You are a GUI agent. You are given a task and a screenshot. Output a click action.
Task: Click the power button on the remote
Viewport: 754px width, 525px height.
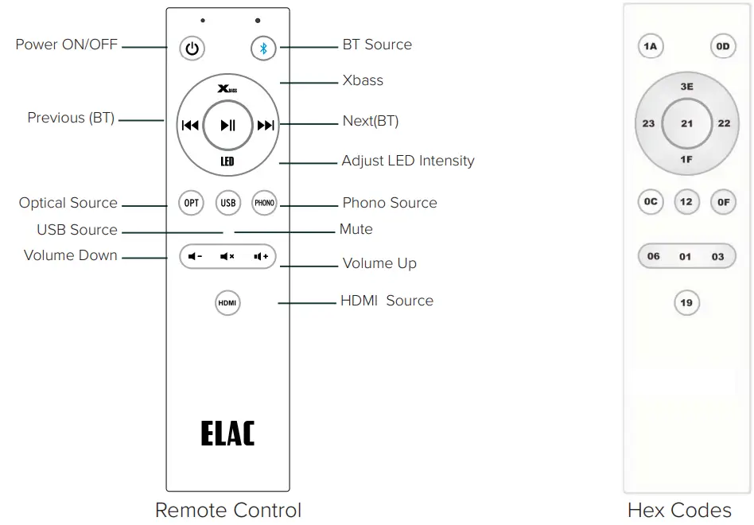191,49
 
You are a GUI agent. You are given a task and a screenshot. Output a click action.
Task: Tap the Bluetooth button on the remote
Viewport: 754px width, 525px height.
263,49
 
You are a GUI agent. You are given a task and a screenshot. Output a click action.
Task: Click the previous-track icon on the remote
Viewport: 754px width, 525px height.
190,125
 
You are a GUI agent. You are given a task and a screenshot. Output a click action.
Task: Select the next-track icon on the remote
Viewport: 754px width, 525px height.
266,125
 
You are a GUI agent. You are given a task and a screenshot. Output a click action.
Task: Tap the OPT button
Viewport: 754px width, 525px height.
192,203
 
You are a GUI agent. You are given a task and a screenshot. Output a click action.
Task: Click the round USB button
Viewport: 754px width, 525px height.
228,203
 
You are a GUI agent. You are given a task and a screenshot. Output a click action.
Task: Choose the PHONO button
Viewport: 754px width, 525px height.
264,203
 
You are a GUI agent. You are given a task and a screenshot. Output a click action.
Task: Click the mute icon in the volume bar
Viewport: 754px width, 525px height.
227,256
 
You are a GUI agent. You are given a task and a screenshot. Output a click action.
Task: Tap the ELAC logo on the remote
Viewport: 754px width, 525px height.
227,434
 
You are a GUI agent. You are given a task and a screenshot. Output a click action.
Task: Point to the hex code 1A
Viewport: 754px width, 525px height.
650,47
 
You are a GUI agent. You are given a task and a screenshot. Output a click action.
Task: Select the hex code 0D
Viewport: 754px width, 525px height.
722,47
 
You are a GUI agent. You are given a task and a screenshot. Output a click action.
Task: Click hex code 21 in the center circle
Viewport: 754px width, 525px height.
686,124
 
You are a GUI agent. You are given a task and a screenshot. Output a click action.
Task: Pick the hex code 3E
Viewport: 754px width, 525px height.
686,86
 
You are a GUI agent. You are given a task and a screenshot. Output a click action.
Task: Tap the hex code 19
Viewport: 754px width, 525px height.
686,303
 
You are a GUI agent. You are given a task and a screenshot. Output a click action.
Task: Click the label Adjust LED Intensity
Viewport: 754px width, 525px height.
407,161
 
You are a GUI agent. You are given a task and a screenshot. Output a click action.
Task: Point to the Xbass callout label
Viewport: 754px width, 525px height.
363,80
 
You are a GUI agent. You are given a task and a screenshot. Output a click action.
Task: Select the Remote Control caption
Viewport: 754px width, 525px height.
228,510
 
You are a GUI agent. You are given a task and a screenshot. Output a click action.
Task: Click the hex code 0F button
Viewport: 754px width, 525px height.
722,202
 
